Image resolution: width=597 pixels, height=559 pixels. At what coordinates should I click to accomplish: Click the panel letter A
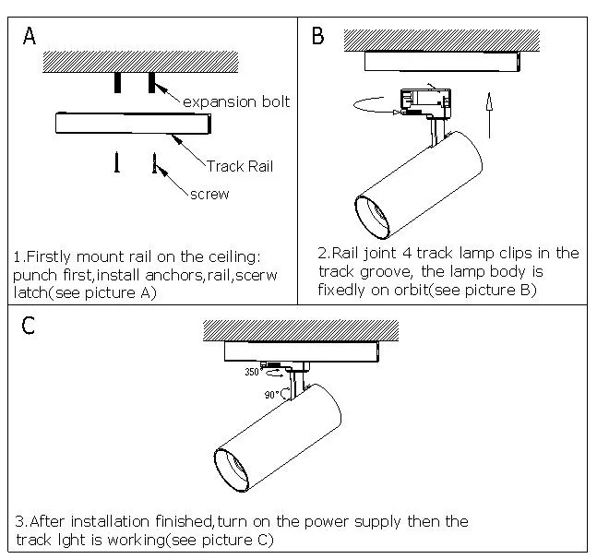tap(30, 37)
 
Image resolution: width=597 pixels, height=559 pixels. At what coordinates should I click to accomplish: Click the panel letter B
tap(318, 37)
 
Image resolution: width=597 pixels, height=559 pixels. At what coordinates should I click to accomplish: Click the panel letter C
tap(30, 327)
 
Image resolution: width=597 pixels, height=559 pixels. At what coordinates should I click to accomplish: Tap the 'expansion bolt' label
tap(236, 101)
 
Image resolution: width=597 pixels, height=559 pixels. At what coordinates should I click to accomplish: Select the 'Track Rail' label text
tap(240, 166)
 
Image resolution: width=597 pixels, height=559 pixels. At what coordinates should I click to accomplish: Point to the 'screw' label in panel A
tap(209, 195)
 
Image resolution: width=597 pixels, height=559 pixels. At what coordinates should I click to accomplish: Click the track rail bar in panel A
tap(129, 123)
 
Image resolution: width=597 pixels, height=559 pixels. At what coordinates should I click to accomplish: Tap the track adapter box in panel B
tap(424, 101)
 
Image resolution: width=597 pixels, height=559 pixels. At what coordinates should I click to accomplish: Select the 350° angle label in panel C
tap(252, 373)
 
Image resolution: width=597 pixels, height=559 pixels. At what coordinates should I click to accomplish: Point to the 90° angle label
tap(271, 394)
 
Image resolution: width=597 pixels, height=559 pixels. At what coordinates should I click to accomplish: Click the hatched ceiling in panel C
tap(300, 330)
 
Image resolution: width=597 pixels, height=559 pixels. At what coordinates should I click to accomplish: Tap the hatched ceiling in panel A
tap(142, 62)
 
